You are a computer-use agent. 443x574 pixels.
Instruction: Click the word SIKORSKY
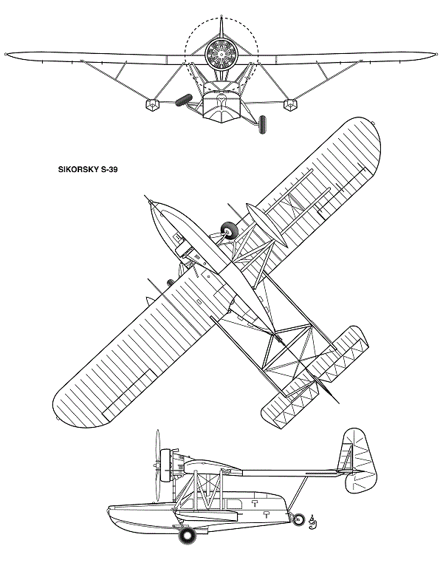pyautogui.click(x=78, y=169)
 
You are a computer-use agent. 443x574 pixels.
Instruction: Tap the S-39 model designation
pyautogui.click(x=109, y=169)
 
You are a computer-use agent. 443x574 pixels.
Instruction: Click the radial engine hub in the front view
pyautogui.click(x=221, y=54)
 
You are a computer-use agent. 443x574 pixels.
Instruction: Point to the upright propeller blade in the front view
pyautogui.click(x=221, y=27)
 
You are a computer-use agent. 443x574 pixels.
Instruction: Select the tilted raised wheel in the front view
pyautogui.click(x=184, y=100)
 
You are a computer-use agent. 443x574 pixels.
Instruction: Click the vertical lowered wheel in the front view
pyautogui.click(x=262, y=124)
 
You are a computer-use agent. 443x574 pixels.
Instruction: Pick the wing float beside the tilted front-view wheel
pyautogui.click(x=153, y=105)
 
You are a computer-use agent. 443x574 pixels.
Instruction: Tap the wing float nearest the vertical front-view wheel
pyautogui.click(x=290, y=105)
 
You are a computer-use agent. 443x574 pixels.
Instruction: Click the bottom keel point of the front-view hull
pyautogui.click(x=221, y=123)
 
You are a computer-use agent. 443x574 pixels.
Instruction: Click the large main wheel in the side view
pyautogui.click(x=188, y=536)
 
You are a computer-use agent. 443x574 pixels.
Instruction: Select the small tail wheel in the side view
pyautogui.click(x=299, y=519)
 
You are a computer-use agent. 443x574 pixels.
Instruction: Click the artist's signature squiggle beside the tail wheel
pyautogui.click(x=312, y=522)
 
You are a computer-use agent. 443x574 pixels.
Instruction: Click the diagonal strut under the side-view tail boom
pyautogui.click(x=298, y=494)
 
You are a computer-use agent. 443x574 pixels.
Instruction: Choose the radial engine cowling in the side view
pyautogui.click(x=165, y=465)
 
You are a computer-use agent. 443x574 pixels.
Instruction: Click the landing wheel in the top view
pyautogui.click(x=230, y=230)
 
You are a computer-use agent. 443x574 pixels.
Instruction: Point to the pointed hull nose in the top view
pyautogui.click(x=152, y=202)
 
